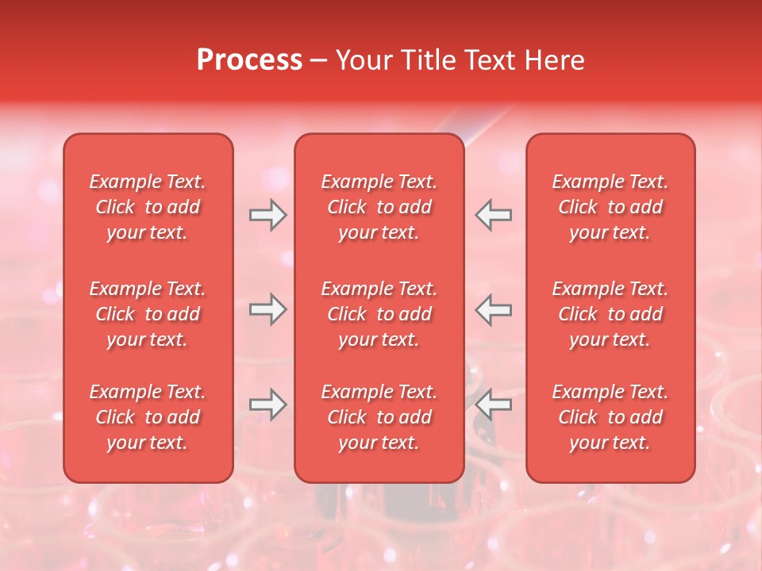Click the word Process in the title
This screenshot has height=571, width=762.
[x=249, y=60]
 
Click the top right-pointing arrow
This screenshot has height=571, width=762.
[x=267, y=215]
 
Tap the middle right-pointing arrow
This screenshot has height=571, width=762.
[x=267, y=309]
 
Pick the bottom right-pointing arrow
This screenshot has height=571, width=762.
[x=267, y=404]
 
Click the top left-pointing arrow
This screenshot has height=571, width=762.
[x=494, y=215]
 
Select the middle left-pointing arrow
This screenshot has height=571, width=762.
[x=494, y=309]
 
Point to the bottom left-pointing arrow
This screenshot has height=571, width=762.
[x=494, y=404]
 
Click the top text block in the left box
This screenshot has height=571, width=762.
[x=148, y=207]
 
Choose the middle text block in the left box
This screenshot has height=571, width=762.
[x=148, y=314]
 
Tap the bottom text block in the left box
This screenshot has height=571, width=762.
[x=148, y=417]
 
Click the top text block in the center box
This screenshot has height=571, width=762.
[x=379, y=207]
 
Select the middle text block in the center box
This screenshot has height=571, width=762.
[x=379, y=314]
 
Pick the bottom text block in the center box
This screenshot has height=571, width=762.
[x=379, y=417]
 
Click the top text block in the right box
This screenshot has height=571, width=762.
[x=610, y=207]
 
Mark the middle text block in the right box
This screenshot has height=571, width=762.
[x=610, y=314]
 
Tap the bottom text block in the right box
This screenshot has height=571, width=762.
[x=610, y=417]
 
